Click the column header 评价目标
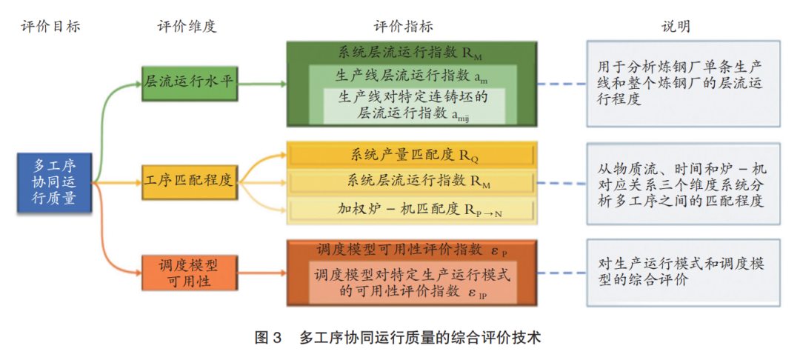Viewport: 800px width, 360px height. (x=50, y=27)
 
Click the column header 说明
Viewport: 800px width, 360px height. (x=676, y=27)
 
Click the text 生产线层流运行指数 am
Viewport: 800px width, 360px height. (x=412, y=76)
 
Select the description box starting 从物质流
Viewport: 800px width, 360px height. (x=682, y=184)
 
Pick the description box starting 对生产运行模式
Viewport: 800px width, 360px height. (x=682, y=272)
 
